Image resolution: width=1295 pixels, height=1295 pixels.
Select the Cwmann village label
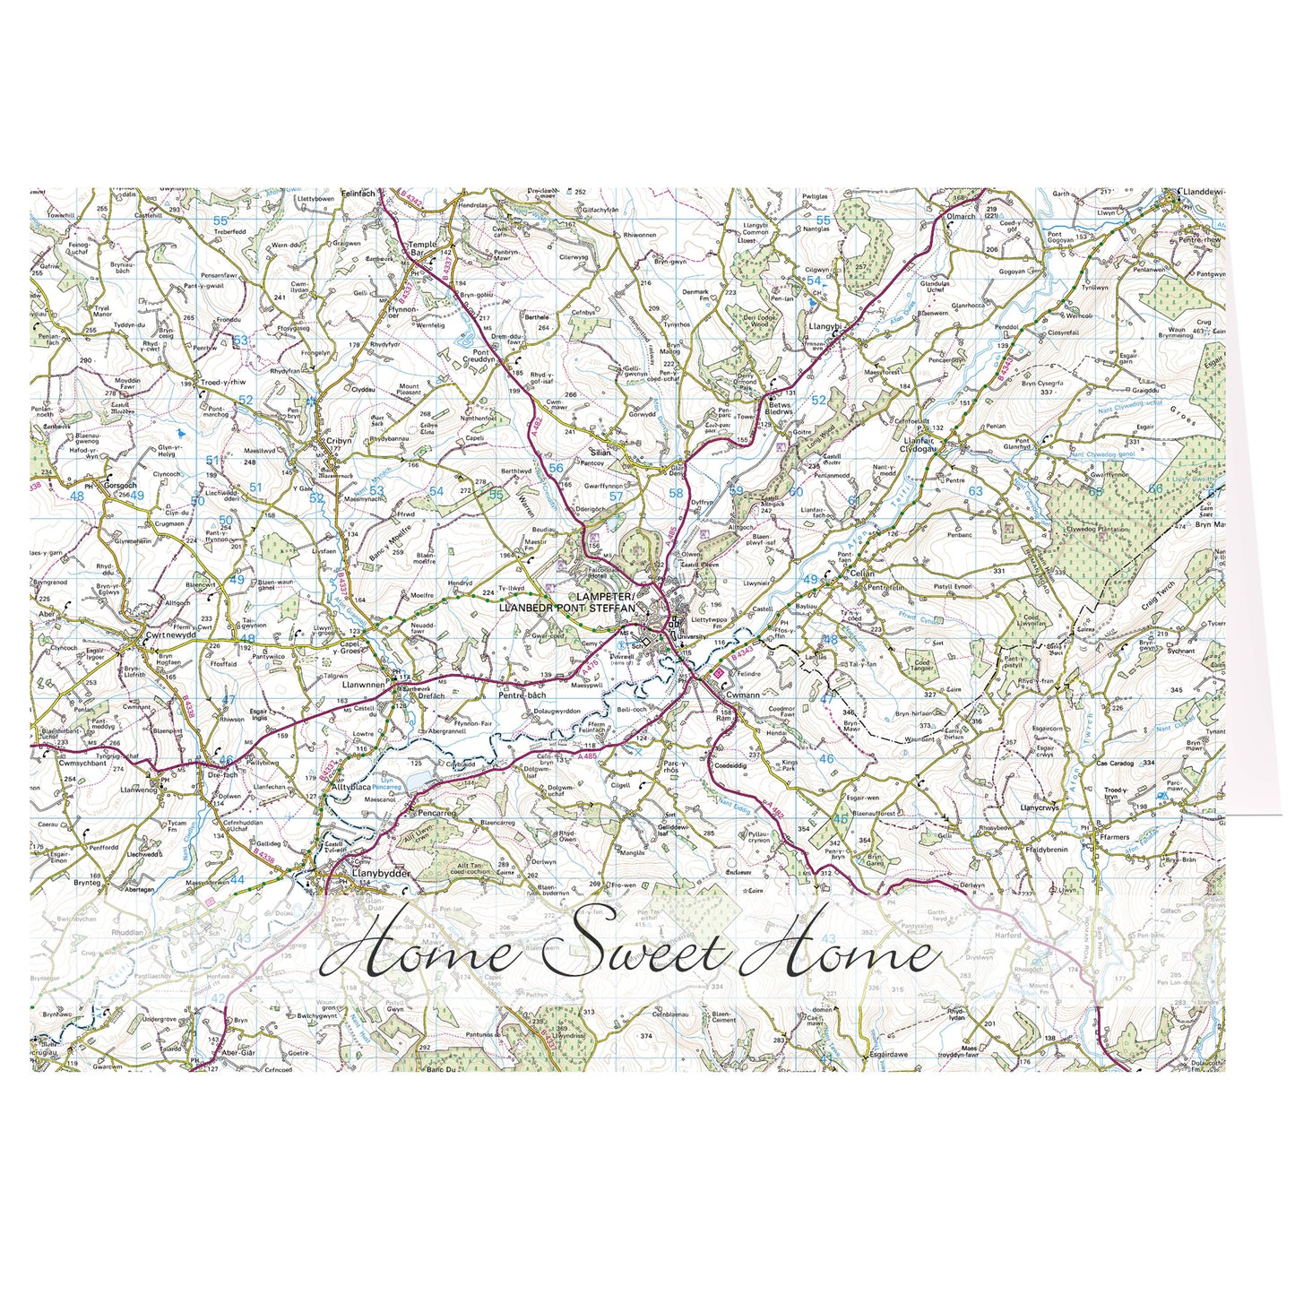click(x=743, y=694)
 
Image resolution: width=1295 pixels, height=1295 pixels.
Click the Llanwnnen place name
click(x=364, y=684)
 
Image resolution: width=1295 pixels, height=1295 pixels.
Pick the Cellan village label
click(x=861, y=573)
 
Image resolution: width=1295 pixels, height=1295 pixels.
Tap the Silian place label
click(x=600, y=453)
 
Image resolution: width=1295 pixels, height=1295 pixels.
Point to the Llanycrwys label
click(x=1039, y=807)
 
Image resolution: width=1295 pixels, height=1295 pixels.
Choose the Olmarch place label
click(x=961, y=216)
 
